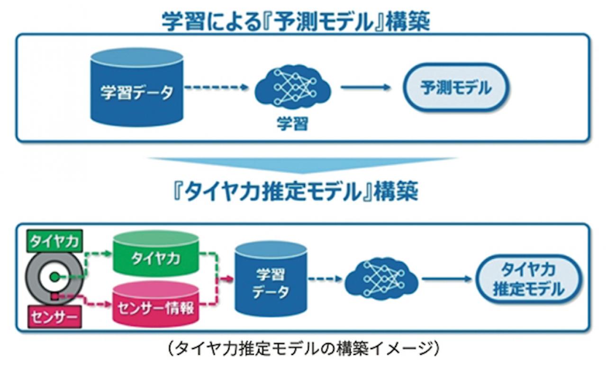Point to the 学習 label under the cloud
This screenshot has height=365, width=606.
(292, 124)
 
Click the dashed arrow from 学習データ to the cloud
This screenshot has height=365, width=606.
(216, 88)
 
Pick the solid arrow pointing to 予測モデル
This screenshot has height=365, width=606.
(365, 88)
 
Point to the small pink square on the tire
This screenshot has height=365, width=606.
(55, 297)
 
